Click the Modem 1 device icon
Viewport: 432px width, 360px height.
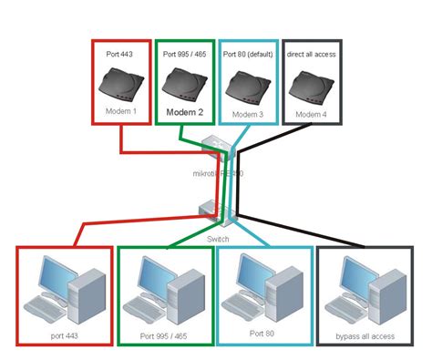pos(121,86)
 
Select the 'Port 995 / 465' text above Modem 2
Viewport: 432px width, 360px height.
pos(185,54)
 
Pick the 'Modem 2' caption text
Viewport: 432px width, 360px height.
pos(185,114)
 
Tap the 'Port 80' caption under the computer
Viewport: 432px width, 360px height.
pos(263,333)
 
